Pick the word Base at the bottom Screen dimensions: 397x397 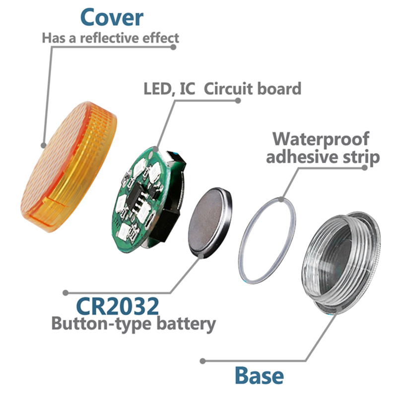[259, 375]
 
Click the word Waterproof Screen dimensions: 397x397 [328, 137]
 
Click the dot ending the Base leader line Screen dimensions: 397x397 [202, 361]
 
